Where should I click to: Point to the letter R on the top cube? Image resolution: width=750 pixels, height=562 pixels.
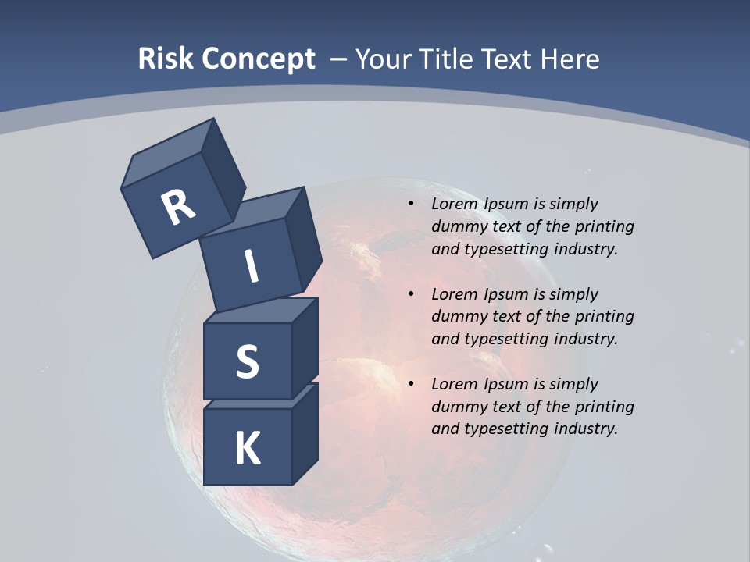click(x=178, y=208)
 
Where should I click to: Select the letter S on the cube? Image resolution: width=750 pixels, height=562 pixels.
click(x=247, y=362)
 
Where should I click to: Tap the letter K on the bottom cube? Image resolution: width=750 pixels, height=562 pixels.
click(x=247, y=449)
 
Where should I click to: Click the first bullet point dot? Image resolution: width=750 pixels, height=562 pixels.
click(x=411, y=204)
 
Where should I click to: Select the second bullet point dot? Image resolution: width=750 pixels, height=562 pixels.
click(x=411, y=294)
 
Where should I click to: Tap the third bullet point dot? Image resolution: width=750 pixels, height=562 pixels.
click(x=411, y=384)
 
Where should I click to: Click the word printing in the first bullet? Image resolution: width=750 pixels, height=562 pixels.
click(x=605, y=227)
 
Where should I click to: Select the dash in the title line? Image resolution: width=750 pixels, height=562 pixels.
click(x=339, y=59)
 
